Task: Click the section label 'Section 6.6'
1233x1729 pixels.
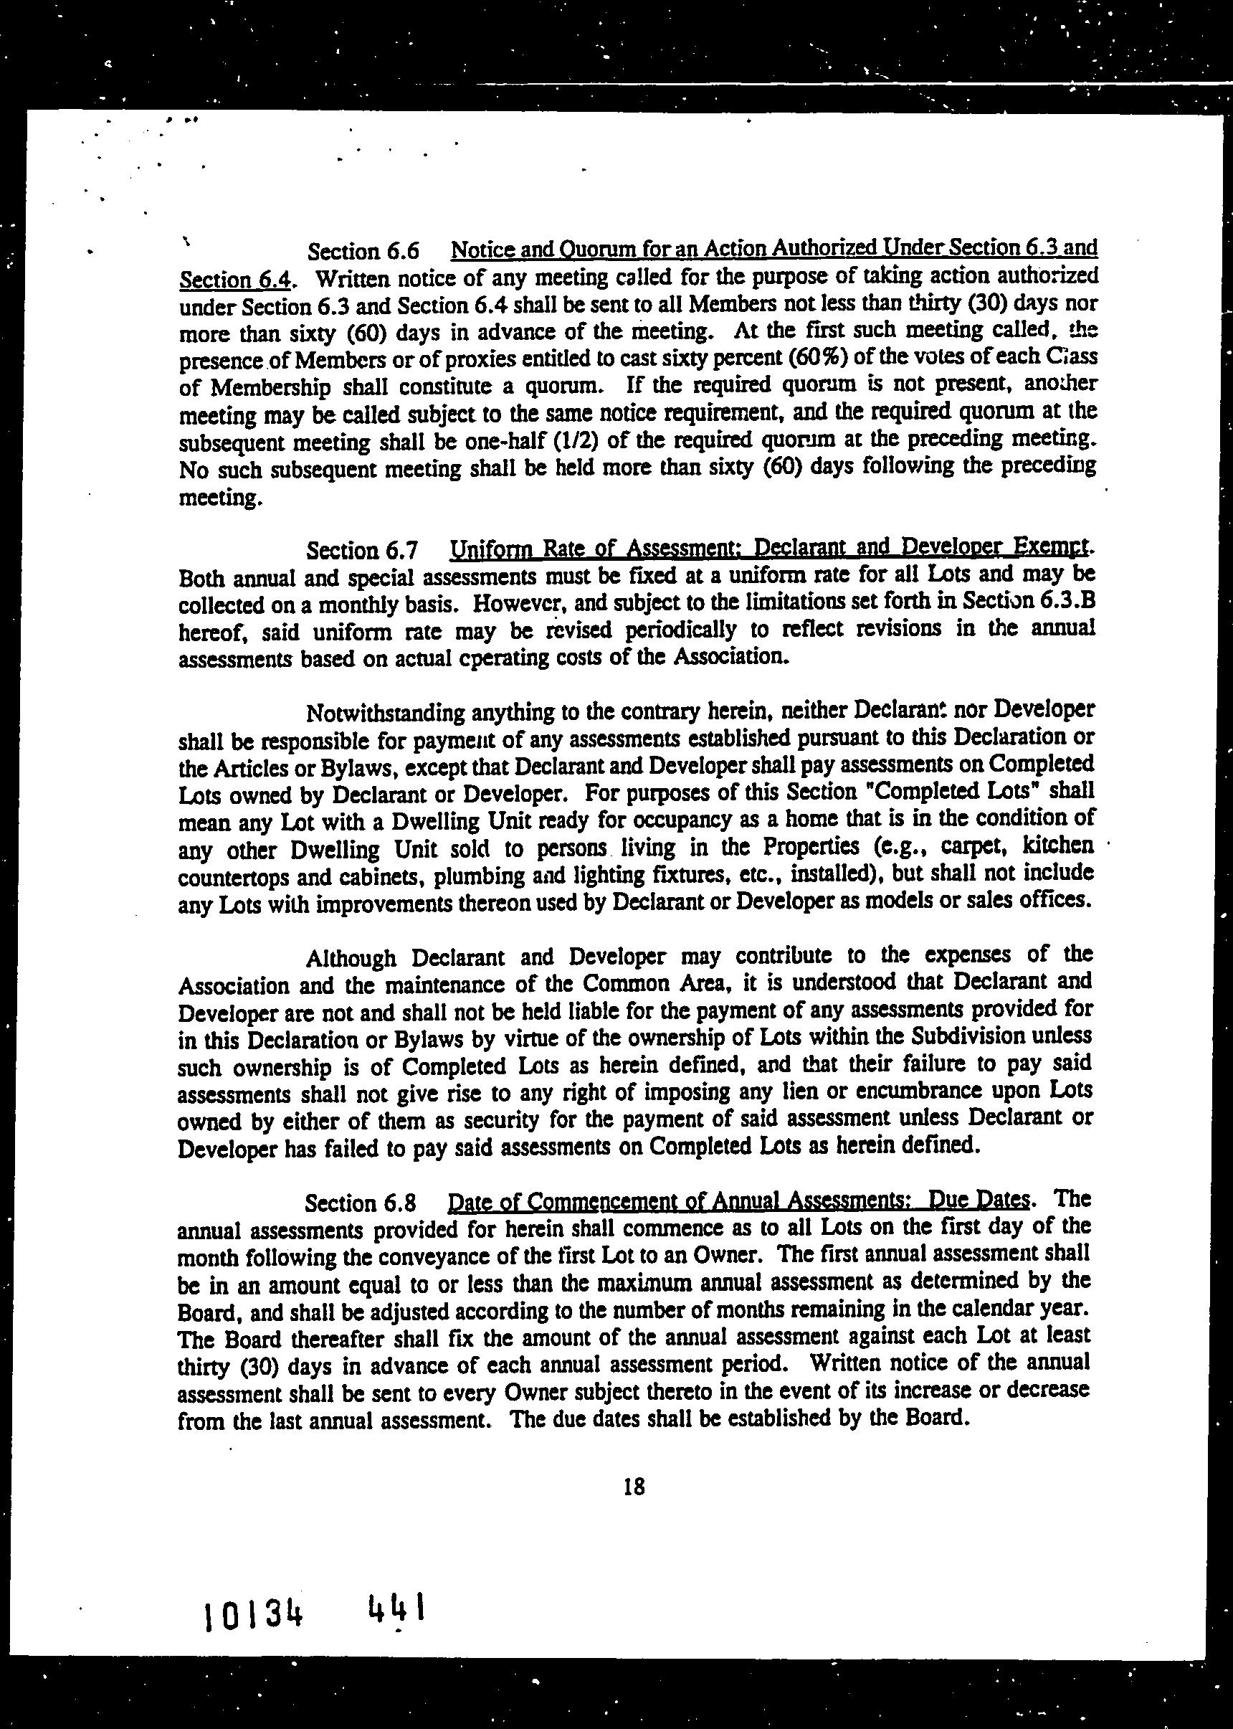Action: pyautogui.click(x=363, y=251)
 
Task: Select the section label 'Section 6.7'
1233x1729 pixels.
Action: pyautogui.click(x=362, y=550)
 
